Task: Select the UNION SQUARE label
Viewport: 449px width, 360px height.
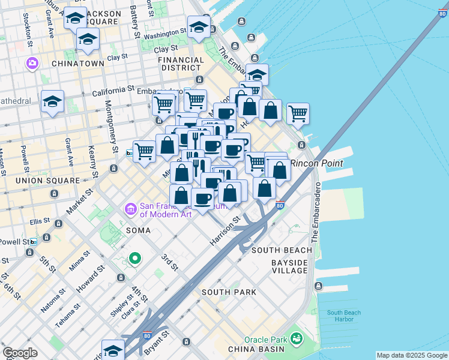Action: click(x=48, y=180)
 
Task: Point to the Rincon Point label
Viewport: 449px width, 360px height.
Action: click(x=317, y=163)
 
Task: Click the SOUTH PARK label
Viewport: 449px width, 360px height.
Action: click(x=229, y=292)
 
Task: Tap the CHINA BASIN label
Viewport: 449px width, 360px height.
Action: click(x=251, y=349)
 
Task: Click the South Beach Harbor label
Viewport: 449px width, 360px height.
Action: click(x=344, y=316)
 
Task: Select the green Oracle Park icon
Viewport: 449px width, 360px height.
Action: click(x=296, y=339)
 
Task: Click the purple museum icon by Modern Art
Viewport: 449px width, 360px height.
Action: click(x=130, y=209)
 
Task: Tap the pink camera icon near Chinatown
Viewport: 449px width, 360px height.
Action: click(x=32, y=63)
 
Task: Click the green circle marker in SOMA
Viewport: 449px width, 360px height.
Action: click(x=135, y=259)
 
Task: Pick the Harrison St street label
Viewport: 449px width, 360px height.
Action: click(x=225, y=230)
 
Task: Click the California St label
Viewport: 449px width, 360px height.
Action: click(x=113, y=90)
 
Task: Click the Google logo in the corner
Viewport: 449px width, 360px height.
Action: click(x=20, y=353)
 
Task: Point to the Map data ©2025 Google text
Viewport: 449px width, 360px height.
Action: click(x=411, y=355)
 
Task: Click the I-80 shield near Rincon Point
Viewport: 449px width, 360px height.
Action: click(x=280, y=205)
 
